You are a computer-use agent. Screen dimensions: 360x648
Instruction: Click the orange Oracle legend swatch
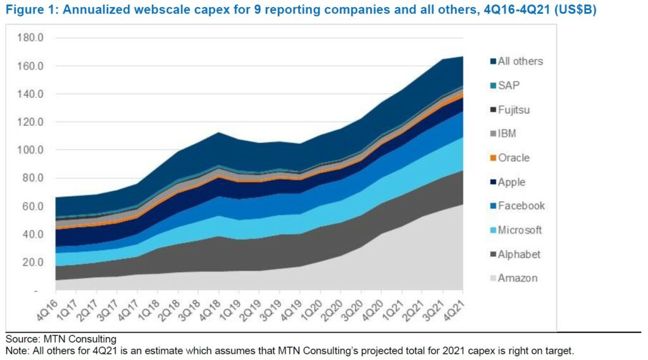(492, 158)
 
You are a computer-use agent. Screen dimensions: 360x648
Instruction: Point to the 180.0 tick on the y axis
(30, 38)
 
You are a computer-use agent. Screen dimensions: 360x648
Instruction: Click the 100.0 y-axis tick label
(30, 150)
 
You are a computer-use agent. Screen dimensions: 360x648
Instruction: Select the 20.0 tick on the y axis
(32, 262)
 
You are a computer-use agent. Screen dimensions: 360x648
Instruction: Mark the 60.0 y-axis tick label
(32, 206)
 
